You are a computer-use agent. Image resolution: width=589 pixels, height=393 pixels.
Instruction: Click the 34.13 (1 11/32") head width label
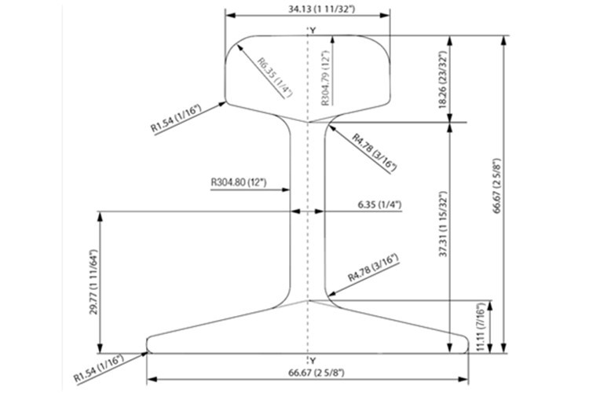tap(321, 8)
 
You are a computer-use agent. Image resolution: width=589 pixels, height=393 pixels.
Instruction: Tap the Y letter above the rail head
tap(313, 30)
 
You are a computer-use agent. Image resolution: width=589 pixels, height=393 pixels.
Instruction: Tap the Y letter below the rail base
tap(313, 361)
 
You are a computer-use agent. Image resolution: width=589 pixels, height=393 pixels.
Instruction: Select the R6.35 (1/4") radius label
tap(275, 78)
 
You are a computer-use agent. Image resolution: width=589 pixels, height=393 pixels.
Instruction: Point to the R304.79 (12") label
tap(325, 78)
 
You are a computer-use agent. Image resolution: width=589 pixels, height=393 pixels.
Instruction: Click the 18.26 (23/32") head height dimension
tap(444, 81)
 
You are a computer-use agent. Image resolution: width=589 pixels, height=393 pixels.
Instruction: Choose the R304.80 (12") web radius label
tap(239, 183)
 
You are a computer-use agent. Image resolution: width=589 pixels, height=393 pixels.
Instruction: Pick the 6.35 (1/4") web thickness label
tap(379, 204)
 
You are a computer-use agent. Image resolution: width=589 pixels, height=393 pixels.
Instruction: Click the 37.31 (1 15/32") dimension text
tap(444, 224)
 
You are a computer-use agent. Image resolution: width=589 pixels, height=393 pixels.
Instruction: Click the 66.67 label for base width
tap(316, 373)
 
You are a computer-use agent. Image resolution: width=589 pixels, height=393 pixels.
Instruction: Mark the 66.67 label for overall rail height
tap(497, 186)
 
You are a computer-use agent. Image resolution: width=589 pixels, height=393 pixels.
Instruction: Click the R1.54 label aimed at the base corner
tap(99, 369)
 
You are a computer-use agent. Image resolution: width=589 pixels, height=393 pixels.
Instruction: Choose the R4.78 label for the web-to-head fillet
tap(374, 152)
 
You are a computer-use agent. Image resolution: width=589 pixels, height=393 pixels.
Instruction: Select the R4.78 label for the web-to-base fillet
tap(373, 268)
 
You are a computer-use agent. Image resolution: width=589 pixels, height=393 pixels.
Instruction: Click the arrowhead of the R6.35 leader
tap(240, 47)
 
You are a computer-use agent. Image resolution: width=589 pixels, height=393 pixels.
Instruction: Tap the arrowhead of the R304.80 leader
tap(286, 190)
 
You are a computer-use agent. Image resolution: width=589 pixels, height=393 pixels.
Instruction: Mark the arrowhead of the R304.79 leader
tap(332, 40)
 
